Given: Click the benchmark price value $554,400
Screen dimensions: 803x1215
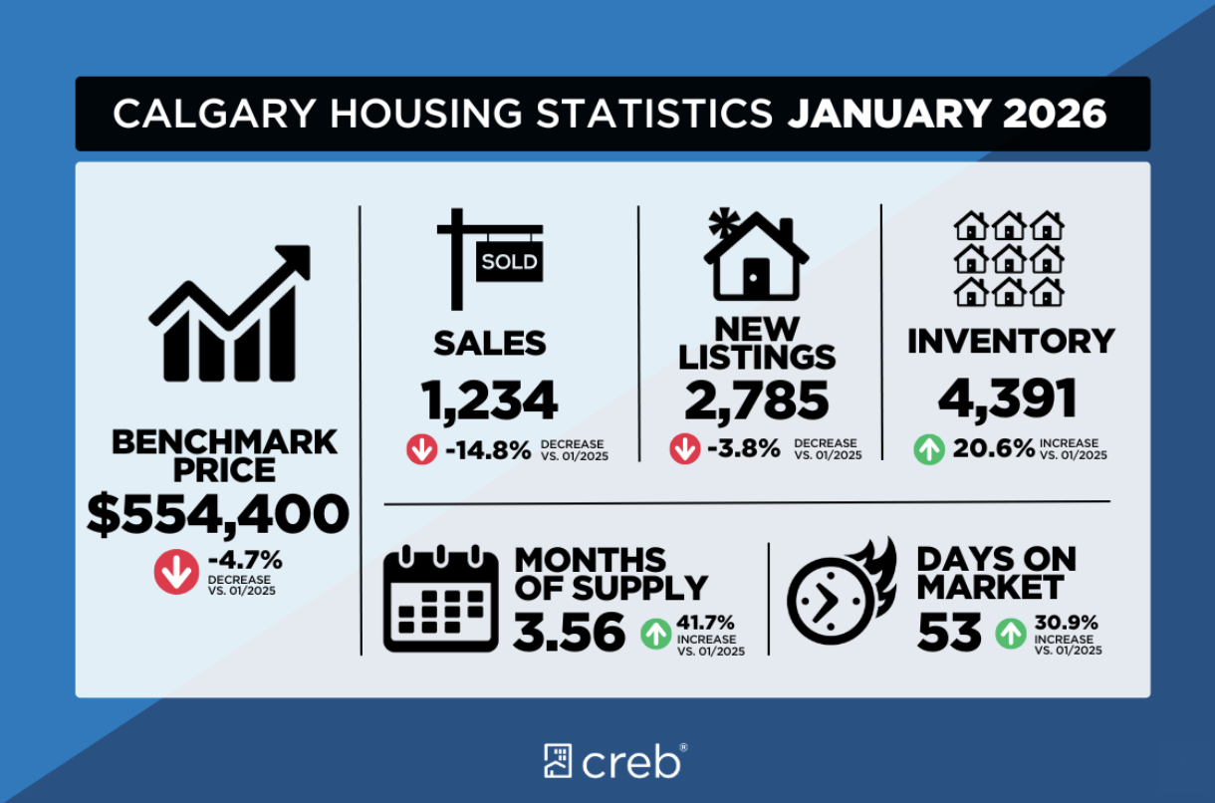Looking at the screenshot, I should pyautogui.click(x=218, y=515).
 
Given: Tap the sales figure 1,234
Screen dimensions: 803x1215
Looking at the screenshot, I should pyautogui.click(x=489, y=400).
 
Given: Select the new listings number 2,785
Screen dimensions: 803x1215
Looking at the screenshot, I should pyautogui.click(x=757, y=400).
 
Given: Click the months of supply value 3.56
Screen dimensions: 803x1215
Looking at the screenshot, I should pyautogui.click(x=570, y=632).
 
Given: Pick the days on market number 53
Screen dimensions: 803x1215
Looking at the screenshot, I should pyautogui.click(x=949, y=632).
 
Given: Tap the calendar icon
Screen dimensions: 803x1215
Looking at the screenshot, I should pyautogui.click(x=441, y=599).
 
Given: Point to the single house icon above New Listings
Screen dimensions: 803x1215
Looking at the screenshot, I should pyautogui.click(x=755, y=256).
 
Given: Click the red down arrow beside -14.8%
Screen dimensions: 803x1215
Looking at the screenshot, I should pyautogui.click(x=421, y=450).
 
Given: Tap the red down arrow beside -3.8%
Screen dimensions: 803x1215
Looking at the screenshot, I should pyautogui.click(x=684, y=449).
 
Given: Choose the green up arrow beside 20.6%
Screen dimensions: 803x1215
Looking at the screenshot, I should pyautogui.click(x=929, y=449).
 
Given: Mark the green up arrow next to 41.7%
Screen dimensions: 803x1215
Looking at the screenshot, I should pyautogui.click(x=655, y=633).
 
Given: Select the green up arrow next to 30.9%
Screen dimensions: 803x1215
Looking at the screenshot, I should pyautogui.click(x=1010, y=633).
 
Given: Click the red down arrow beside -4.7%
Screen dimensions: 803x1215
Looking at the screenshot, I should pyautogui.click(x=176, y=573).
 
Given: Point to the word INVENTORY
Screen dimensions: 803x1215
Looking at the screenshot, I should pyautogui.click(x=1011, y=341).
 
